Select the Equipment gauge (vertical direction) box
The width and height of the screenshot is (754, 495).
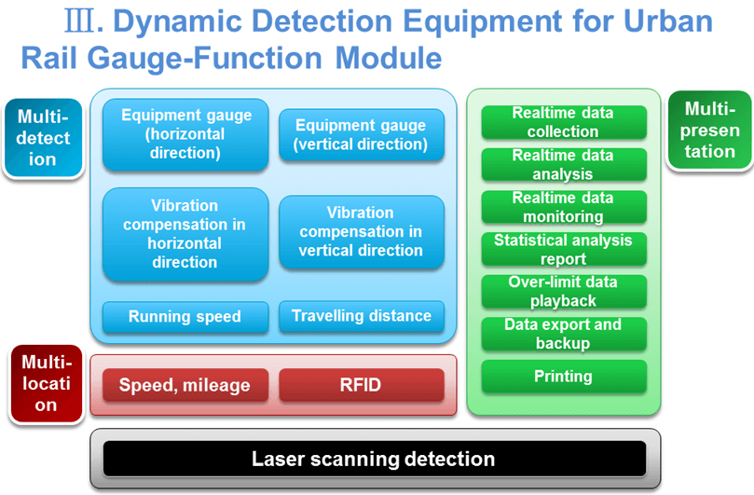click(361, 135)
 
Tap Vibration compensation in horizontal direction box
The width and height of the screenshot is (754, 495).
click(185, 234)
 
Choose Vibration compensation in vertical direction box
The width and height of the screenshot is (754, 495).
click(361, 232)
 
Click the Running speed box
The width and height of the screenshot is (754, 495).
click(185, 317)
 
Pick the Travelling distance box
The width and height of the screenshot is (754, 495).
click(361, 316)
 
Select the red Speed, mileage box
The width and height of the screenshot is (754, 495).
click(185, 385)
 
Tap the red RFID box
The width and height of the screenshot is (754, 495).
click(361, 385)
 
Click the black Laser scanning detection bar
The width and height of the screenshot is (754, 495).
click(374, 459)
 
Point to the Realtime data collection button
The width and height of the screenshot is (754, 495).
click(563, 122)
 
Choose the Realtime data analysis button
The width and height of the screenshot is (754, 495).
click(563, 165)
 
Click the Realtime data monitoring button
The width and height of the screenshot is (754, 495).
click(563, 207)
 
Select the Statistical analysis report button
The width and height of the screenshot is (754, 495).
click(563, 249)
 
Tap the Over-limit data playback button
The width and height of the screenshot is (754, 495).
click(563, 292)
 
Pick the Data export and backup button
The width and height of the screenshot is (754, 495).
click(563, 334)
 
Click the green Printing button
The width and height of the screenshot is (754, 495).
click(563, 377)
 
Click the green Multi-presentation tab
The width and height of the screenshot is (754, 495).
click(709, 131)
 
